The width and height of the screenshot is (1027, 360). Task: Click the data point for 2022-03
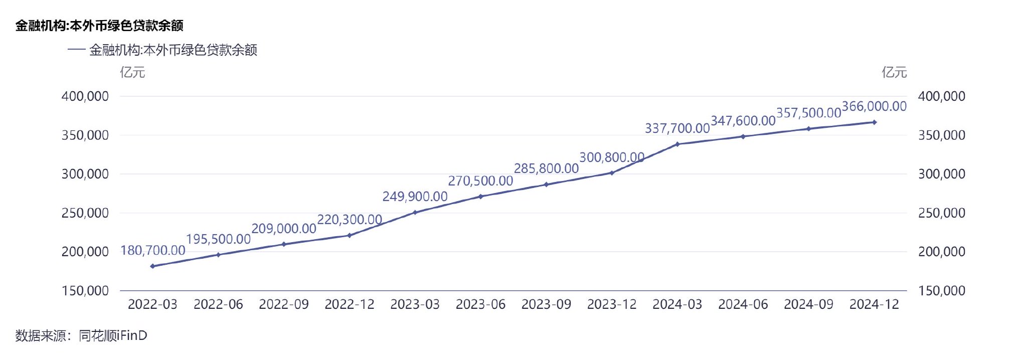click(152, 266)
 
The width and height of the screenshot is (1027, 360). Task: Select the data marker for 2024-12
click(874, 122)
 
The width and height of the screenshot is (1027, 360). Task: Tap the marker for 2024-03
click(677, 144)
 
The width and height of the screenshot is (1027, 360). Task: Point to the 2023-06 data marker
click(480, 197)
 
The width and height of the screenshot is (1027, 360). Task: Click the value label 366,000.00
click(874, 106)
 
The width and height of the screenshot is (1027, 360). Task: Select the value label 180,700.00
click(153, 250)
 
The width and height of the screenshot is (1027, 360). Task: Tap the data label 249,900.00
click(415, 197)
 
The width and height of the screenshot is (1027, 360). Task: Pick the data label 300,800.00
click(612, 157)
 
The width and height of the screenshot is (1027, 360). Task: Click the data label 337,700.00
click(677, 128)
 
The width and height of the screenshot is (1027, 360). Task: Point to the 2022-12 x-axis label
click(350, 304)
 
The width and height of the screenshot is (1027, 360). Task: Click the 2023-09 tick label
click(546, 304)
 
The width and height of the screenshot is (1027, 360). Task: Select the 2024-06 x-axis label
click(743, 304)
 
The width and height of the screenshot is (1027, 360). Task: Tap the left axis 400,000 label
click(85, 96)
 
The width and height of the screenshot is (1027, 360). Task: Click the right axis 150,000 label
click(941, 291)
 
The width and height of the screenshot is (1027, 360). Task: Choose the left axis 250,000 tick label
click(85, 213)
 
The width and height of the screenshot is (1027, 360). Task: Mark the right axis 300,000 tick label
click(941, 174)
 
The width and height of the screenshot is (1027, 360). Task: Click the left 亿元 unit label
click(132, 73)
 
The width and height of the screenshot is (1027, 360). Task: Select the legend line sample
click(76, 50)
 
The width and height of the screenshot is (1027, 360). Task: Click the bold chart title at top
click(99, 26)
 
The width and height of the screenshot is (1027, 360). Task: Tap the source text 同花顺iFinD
click(113, 335)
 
